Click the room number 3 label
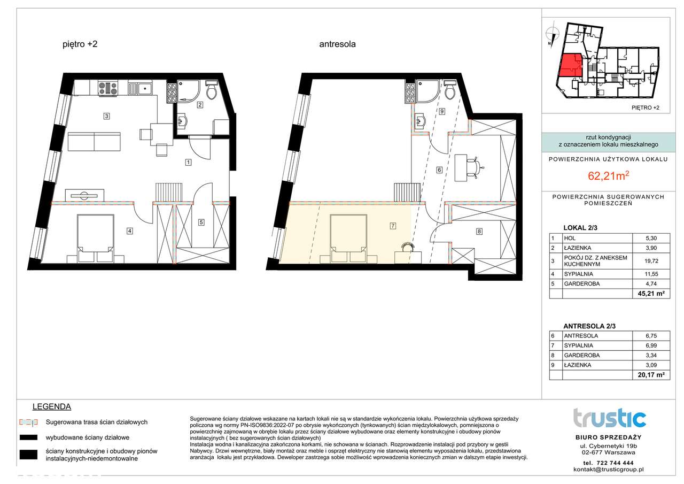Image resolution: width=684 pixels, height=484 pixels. click(x=106, y=116)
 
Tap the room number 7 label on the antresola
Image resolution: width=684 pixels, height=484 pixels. click(x=393, y=226)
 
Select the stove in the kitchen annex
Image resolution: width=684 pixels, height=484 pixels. click(x=108, y=88)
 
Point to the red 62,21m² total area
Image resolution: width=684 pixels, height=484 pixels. click(x=608, y=176)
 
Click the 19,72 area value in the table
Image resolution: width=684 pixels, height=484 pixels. click(x=651, y=261)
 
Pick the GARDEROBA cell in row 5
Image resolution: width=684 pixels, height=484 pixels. click(x=582, y=283)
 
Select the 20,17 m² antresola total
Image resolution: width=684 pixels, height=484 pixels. click(x=651, y=374)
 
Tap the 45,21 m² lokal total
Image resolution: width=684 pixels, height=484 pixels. click(x=651, y=294)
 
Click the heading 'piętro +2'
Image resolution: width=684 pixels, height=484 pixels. click(x=80, y=44)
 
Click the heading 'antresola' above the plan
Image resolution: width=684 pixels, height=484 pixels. click(x=337, y=44)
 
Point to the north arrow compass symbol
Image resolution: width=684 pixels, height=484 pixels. click(x=552, y=34)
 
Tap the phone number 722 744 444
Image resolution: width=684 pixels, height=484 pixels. click(x=615, y=463)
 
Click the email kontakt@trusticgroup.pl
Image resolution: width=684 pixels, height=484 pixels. click(x=608, y=470)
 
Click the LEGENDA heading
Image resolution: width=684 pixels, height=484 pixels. click(x=52, y=406)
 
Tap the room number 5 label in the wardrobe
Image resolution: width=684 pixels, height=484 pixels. click(x=201, y=222)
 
